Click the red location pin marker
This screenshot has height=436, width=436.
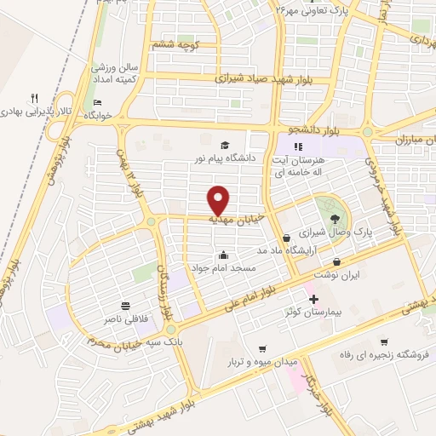point(219,200)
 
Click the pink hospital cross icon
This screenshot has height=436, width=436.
point(313,300)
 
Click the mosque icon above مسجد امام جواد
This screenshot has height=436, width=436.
point(224,254)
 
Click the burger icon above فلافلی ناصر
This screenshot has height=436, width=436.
point(126,305)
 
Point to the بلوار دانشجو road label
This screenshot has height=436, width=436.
point(307,128)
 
